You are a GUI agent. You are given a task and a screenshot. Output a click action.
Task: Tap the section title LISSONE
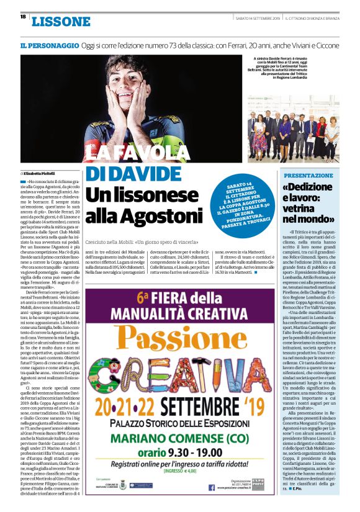[x=60, y=22]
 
